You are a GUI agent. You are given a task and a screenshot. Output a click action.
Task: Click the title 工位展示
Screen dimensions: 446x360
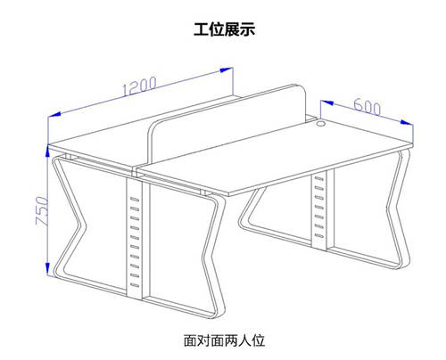coord(225,29)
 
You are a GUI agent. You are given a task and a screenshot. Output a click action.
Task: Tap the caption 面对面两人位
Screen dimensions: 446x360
coord(224,340)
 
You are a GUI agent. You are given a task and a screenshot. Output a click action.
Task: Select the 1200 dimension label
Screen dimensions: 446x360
coord(139,86)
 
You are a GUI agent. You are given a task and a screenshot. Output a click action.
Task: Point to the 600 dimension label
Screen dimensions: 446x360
coord(368,106)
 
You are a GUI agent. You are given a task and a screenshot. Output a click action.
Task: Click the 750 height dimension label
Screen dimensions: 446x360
coord(42,210)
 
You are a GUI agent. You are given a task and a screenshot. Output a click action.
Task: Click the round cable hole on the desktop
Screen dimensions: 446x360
coord(321,123)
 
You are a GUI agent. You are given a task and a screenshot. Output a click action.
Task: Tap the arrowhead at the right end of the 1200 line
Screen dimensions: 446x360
coord(226,70)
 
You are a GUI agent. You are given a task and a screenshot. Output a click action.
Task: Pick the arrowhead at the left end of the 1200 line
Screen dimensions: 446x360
coord(54,115)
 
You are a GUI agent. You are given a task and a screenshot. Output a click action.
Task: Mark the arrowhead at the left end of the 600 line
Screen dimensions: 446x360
coord(326,103)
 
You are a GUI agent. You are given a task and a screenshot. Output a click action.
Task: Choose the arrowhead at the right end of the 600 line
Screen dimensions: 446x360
coord(407,122)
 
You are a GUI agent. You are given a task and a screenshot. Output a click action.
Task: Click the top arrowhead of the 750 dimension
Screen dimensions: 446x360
coord(47,151)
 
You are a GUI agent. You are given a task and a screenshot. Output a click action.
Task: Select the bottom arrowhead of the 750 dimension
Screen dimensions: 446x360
coord(47,268)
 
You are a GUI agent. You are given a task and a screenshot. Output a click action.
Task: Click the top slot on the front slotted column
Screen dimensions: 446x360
coord(135,199)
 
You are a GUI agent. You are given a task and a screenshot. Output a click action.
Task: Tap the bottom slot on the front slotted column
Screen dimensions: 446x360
coord(135,285)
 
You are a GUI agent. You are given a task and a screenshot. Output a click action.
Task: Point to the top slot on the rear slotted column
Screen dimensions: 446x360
coord(319,179)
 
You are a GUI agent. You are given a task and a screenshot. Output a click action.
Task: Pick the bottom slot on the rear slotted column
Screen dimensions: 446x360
coord(319,236)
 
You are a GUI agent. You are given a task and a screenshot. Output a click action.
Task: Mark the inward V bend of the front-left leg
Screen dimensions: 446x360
coord(82,225)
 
